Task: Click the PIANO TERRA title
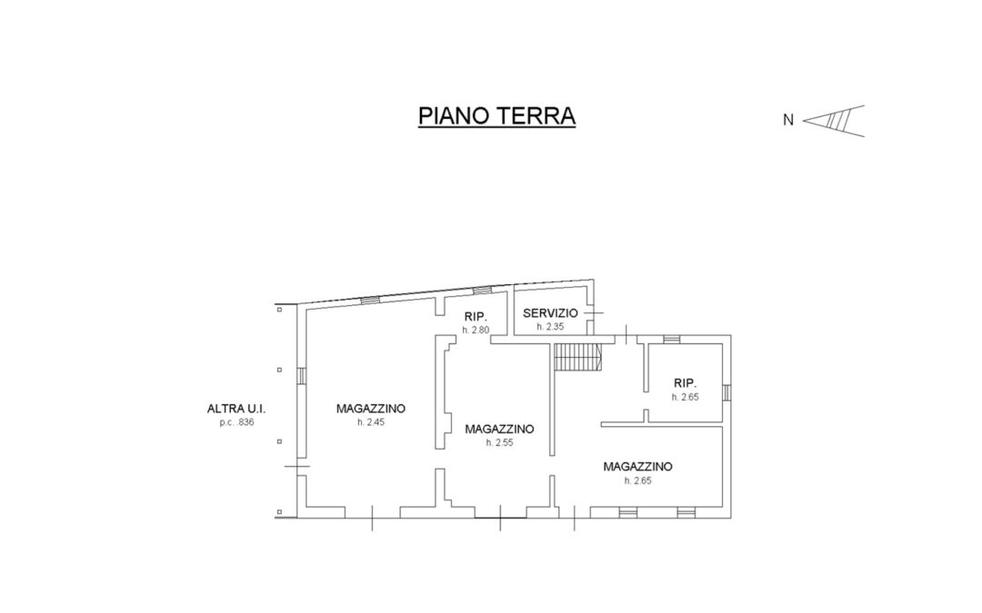pos(496,115)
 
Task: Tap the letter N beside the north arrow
pos(787,120)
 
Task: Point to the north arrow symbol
pos(834,121)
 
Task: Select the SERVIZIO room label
pos(550,313)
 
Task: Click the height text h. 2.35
pos(550,327)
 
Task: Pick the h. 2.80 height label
pos(476,330)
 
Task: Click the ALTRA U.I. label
pos(236,409)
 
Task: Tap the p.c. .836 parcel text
pos(236,422)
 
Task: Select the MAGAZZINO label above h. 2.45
pos(371,409)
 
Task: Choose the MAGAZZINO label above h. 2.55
pos(499,429)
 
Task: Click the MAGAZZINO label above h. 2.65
pos(637,467)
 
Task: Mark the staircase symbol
pos(578,357)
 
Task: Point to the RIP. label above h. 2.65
pos(686,383)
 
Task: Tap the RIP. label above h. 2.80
pos(476,317)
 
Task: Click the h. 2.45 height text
pos(371,422)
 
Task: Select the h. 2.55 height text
pos(499,443)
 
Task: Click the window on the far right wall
pos(726,392)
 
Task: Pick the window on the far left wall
pos(301,375)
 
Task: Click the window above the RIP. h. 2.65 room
pos(671,339)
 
